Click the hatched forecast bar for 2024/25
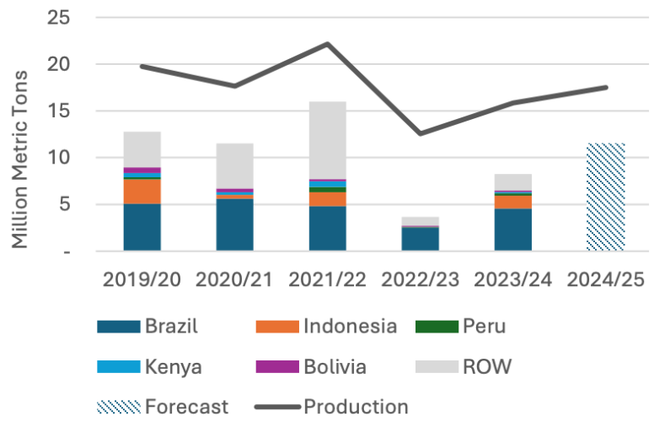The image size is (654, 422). pos(605,197)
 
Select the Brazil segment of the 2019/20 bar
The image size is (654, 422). pos(142,227)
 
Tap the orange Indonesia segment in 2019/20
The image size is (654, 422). pos(142,192)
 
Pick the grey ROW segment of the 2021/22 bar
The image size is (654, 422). pos(327,140)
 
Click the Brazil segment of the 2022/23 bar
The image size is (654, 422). pos(420,239)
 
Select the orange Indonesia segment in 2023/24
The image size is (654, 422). pos(512,202)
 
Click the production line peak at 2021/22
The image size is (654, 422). pos(327,44)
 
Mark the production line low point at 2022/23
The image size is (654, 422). pos(420,133)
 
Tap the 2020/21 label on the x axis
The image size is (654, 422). pos(234,279)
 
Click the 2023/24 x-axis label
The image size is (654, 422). pos(512,279)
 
